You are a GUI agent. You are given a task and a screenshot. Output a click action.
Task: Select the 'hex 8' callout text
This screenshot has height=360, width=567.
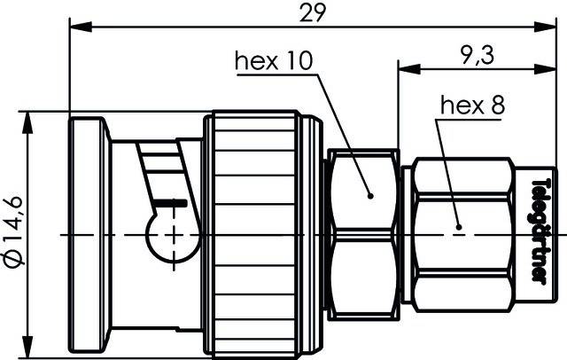coord(471,106)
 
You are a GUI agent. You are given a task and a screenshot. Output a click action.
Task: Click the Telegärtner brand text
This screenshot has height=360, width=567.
coord(538,231)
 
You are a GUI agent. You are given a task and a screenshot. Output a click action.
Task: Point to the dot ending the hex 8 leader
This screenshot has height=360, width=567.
coord(458,226)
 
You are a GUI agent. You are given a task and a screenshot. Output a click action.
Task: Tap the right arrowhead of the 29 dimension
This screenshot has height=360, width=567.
coord(547,27)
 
